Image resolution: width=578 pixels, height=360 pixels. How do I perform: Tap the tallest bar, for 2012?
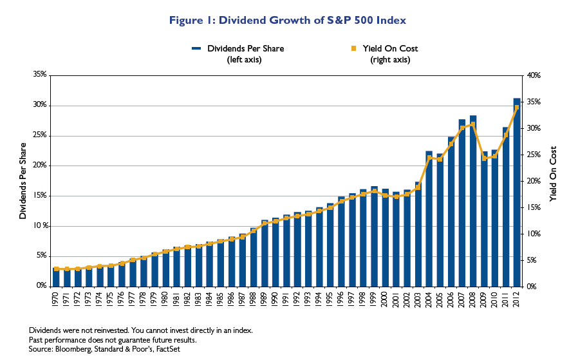coord(516,193)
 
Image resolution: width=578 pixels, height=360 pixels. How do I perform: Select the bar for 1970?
coord(56,278)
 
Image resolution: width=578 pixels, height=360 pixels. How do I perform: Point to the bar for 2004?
coord(429,219)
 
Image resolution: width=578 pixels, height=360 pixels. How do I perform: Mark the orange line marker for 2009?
coord(484,158)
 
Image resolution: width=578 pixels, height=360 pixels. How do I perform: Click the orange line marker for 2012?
coord(516,108)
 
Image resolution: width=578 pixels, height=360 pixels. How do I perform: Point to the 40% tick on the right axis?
coord(536,75)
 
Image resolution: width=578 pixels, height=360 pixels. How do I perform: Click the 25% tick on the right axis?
coord(536,155)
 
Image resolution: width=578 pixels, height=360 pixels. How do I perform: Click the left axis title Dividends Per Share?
coord(23,180)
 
